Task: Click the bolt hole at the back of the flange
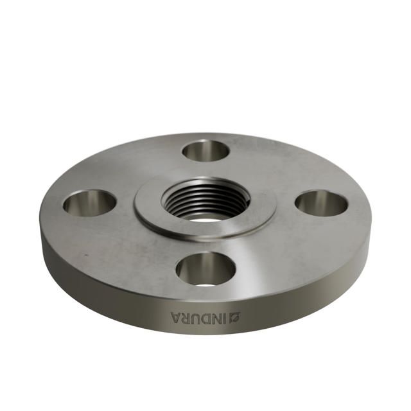click(205, 151)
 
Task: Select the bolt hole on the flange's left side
click(89, 203)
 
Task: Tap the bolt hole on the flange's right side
click(321, 203)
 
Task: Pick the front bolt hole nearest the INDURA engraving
click(205, 268)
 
